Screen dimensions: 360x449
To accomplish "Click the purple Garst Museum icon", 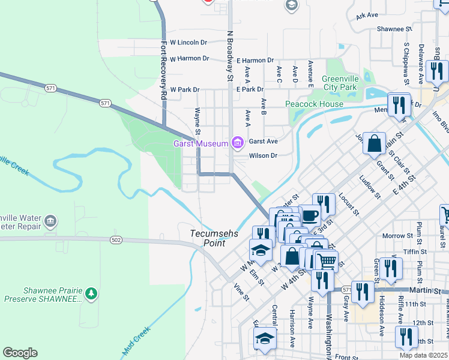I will [x=238, y=142].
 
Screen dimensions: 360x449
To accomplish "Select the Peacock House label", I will [x=314, y=104].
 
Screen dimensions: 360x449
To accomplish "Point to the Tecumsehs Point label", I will [x=208, y=238].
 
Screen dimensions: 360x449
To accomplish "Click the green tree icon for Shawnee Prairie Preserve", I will [x=91, y=293].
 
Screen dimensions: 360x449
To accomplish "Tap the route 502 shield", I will [x=116, y=240].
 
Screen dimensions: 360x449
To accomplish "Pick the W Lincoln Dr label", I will [x=188, y=43].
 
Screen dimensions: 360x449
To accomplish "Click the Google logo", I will [x=20, y=353].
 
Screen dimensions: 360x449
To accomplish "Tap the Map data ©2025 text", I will [x=423, y=355].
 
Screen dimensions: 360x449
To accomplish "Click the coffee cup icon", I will [x=310, y=214].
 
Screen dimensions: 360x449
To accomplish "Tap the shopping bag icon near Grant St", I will [x=374, y=143].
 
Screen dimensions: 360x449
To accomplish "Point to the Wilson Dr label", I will [x=263, y=155].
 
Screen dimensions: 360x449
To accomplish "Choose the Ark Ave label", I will [x=367, y=15].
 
